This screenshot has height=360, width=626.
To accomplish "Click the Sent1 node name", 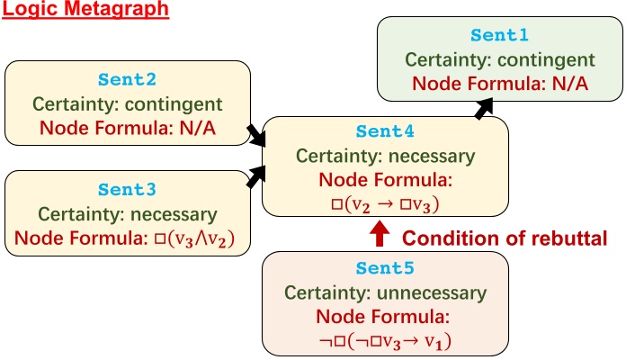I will point(499,36).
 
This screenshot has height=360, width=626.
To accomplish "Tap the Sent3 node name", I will point(127,191).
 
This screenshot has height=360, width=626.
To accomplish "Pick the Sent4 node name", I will point(385,131).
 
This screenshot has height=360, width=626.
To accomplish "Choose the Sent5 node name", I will point(385,269).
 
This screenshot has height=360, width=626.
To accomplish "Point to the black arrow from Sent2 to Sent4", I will point(256,136).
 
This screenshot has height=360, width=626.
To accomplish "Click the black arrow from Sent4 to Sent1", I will point(484,107).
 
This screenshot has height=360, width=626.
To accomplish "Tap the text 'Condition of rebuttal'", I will point(505,238).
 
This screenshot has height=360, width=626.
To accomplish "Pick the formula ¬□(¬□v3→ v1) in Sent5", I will point(385,341).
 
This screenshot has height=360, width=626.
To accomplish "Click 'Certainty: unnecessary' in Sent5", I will point(385,293).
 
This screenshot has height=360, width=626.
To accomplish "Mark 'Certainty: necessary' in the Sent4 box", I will point(385,155).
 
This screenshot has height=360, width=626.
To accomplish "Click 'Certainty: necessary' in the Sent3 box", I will point(127,215).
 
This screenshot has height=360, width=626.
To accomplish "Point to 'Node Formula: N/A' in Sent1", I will point(499,84).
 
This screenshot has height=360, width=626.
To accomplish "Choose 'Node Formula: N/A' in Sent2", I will point(127,126).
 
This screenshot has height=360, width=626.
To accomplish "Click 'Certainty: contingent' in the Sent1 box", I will point(499,60).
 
